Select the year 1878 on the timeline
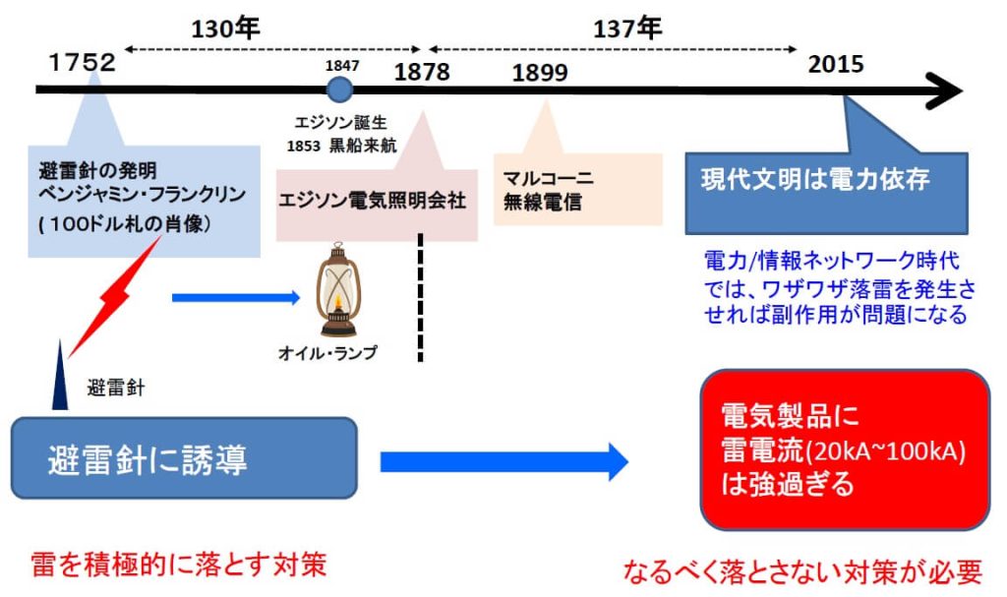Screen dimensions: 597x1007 tap(422, 72)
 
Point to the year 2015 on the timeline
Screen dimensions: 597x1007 tap(836, 65)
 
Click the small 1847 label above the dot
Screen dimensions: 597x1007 tap(342, 65)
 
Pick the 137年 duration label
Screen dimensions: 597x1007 tap(627, 30)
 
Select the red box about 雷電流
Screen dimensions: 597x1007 tap(843, 449)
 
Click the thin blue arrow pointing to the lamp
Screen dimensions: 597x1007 tap(234, 296)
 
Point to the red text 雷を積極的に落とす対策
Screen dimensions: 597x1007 tap(178, 564)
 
